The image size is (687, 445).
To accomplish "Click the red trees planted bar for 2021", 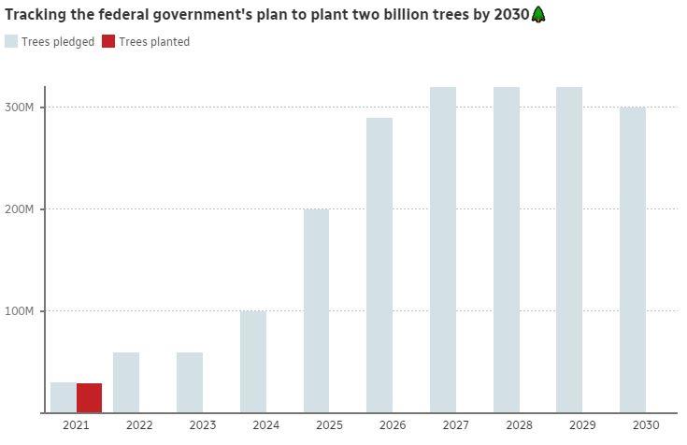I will tap(89, 397).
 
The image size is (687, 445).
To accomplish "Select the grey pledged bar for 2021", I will tap(64, 397).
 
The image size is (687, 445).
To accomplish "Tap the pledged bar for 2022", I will tap(126, 382).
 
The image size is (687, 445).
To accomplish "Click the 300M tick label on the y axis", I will tap(20, 108).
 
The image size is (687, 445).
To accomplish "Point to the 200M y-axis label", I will tap(20, 209).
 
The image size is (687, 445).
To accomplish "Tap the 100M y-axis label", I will tap(20, 310).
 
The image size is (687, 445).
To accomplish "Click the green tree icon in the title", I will tap(538, 14).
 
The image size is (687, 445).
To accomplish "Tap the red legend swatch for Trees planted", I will tap(107, 41).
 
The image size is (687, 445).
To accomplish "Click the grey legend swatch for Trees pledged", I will tap(11, 41).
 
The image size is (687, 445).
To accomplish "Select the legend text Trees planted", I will tap(154, 41).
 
